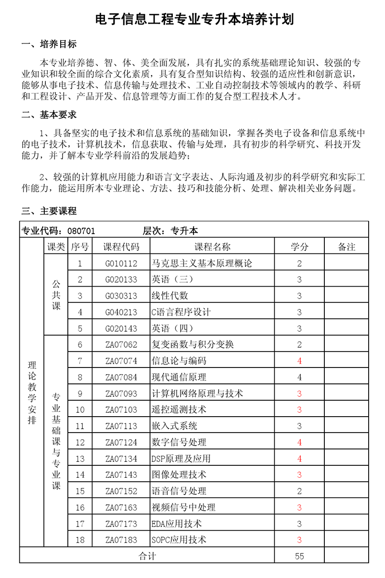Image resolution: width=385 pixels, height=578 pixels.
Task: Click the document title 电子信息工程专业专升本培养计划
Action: point(194,19)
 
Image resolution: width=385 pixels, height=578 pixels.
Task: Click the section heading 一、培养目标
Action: point(49,45)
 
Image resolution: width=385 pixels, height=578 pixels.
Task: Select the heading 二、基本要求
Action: point(49,115)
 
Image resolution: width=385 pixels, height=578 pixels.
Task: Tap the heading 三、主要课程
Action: point(49,211)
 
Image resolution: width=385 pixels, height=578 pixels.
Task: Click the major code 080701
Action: point(81,231)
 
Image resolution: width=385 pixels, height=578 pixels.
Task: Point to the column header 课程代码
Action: point(121,247)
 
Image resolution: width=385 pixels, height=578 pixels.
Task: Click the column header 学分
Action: point(299,247)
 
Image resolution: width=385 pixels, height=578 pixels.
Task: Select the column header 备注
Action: point(346,247)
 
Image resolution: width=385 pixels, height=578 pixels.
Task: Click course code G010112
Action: point(121,263)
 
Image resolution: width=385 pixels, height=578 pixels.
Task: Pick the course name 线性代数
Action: point(170,296)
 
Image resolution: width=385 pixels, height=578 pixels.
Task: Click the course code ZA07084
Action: point(121,377)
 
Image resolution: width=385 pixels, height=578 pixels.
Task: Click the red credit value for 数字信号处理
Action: point(299,442)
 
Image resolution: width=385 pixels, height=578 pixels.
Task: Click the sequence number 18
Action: point(80,540)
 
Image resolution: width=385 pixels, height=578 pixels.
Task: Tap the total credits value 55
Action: point(299,556)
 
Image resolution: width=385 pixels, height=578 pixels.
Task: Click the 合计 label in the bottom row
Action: point(147,556)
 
